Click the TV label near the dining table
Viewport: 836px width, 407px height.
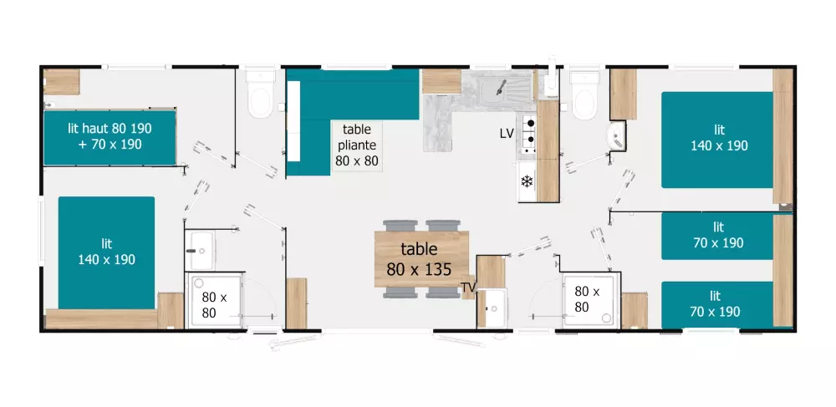coord(468,288)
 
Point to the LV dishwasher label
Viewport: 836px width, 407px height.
coord(507,134)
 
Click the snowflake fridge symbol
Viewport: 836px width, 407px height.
coord(528,181)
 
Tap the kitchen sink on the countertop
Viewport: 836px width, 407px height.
coord(500,84)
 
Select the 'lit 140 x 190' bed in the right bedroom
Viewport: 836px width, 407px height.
coord(718,140)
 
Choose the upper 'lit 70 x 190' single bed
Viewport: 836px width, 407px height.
coord(717,236)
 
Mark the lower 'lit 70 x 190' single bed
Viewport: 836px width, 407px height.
coord(717,305)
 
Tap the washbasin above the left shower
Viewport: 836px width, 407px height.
coord(201,243)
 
